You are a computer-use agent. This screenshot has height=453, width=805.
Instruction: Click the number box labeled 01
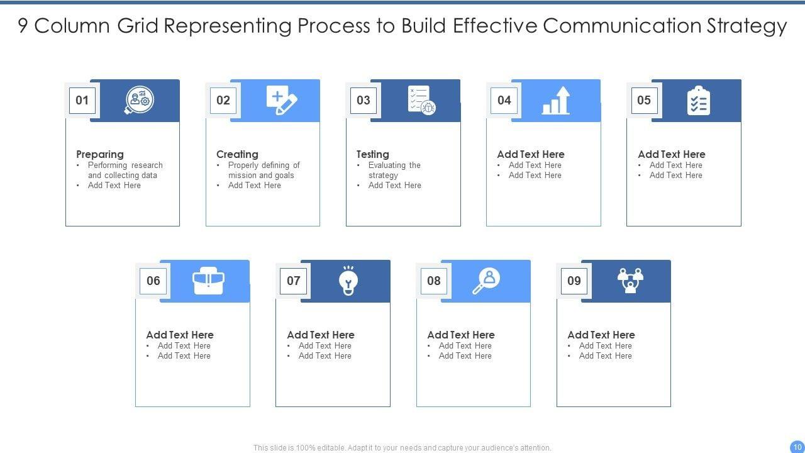[82, 100]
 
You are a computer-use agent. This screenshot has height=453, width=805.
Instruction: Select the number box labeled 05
[644, 100]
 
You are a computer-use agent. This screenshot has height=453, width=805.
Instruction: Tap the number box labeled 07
[294, 281]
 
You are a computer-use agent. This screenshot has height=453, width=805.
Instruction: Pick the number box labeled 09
[574, 281]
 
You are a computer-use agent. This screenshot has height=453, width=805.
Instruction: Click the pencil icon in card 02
[282, 101]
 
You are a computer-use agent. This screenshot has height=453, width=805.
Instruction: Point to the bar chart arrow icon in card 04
[556, 101]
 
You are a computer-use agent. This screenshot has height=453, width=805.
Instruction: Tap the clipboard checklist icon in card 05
[698, 101]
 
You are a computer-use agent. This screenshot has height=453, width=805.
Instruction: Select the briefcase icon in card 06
[209, 281]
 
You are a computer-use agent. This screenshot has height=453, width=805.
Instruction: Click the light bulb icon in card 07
[348, 281]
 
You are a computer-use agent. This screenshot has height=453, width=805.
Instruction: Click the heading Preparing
[100, 154]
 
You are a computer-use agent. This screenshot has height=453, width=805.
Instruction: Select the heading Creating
[237, 154]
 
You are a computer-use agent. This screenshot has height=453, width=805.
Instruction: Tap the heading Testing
[373, 154]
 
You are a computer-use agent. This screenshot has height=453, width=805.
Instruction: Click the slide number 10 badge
[797, 446]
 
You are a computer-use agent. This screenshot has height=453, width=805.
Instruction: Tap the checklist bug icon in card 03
[421, 100]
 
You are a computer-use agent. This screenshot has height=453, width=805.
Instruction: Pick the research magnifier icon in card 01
[139, 100]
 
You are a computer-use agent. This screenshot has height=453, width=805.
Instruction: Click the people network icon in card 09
[630, 281]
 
